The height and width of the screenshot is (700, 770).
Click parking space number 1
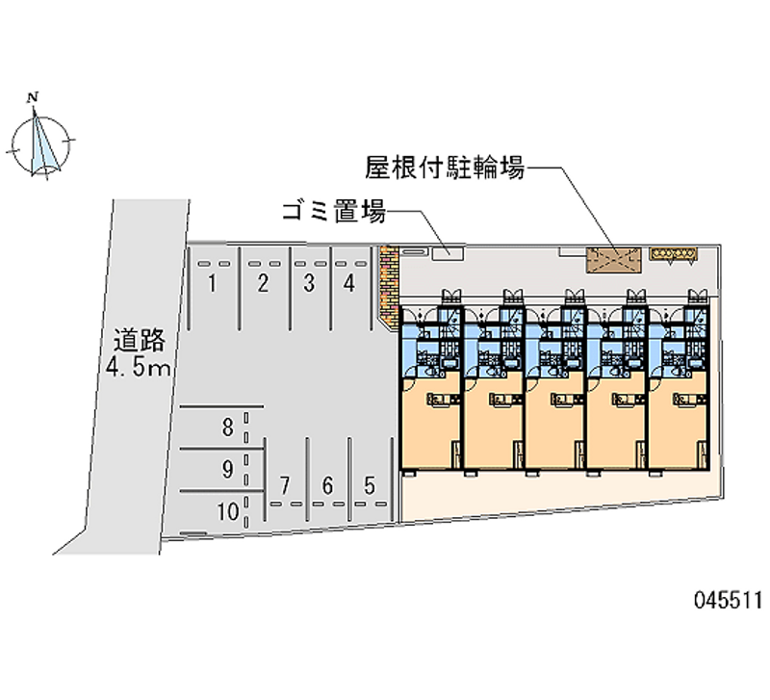pos(212,283)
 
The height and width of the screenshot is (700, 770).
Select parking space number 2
pos(263,283)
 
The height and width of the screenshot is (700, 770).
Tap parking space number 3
pos(309,283)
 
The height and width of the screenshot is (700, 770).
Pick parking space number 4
pos(349,283)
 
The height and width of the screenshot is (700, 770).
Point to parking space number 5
pos(370,486)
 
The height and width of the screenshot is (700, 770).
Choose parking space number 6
pos(327,486)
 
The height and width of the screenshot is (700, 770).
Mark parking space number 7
pos(285,486)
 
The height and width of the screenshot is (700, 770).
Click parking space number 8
pos(227,428)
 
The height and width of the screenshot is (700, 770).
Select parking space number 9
pos(227,470)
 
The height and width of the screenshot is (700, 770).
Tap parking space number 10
pos(228,512)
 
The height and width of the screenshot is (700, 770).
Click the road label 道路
pos(139,340)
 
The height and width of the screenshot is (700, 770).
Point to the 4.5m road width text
pos(138,367)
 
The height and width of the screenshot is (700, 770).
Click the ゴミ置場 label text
pos(334,212)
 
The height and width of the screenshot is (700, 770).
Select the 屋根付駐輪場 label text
pos(445,168)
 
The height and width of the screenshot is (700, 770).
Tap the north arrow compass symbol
pos(40,143)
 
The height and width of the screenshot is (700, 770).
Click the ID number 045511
pos(729,600)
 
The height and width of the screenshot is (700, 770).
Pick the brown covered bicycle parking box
pos(614,260)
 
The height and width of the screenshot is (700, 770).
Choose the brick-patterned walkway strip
pos(389,286)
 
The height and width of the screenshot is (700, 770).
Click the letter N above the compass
pos(33,97)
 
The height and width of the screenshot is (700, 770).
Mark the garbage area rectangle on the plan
pos(448,253)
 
